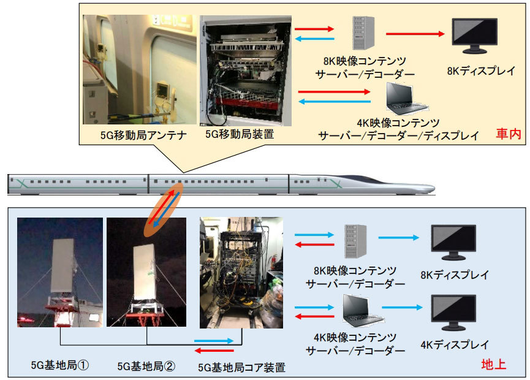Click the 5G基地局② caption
click(x=146, y=366)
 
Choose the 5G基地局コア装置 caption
click(x=242, y=368)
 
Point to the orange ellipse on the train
click(x=164, y=209)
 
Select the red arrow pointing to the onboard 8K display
click(x=414, y=34)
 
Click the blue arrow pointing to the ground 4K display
click(x=403, y=306)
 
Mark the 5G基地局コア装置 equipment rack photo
click(x=242, y=272)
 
